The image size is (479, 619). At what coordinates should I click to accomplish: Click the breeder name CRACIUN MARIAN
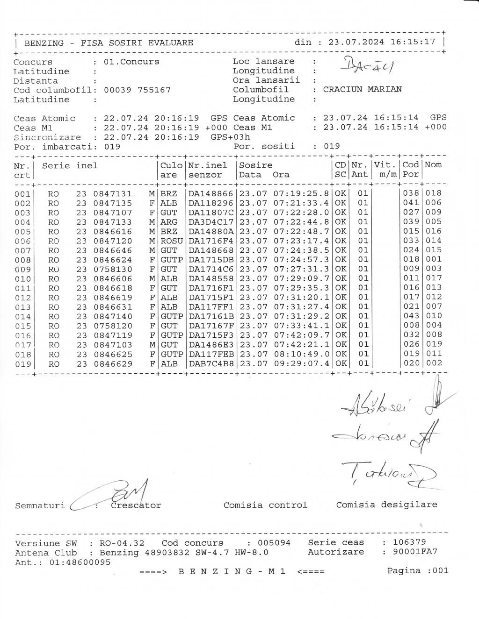(362, 89)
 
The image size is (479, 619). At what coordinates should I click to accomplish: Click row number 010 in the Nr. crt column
(22, 279)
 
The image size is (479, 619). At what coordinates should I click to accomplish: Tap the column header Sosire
(255, 165)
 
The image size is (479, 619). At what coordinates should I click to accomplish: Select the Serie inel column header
(70, 165)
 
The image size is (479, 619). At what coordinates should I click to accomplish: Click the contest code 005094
(274, 543)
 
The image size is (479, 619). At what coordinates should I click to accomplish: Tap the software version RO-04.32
(122, 543)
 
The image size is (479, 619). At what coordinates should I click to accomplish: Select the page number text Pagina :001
(417, 570)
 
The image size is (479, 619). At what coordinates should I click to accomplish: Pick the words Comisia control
(265, 505)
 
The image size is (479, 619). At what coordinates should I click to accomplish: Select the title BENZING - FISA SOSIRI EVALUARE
(109, 43)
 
